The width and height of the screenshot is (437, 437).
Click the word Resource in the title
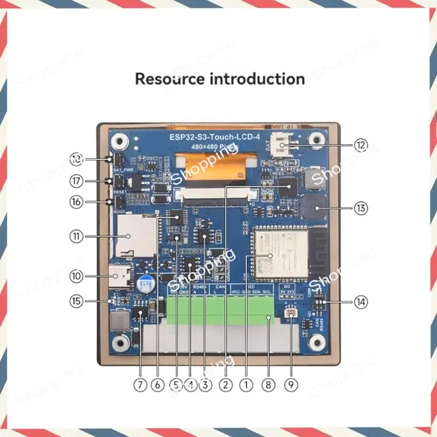click(170, 79)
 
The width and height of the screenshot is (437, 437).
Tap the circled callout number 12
click(361, 145)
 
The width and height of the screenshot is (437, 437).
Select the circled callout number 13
click(361, 208)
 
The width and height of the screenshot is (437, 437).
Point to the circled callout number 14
click(361, 301)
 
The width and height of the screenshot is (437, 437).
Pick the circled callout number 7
click(141, 385)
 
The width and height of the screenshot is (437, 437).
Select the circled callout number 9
click(292, 385)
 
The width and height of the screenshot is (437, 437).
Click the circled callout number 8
click(267, 385)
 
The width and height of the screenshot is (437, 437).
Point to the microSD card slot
click(129, 236)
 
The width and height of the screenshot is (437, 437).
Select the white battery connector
click(283, 144)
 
